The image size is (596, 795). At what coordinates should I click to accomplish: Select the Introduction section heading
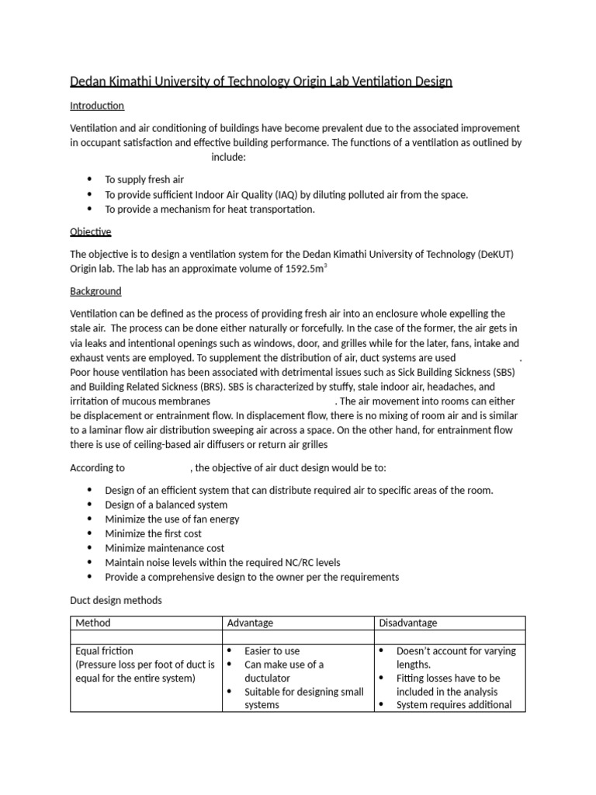97,106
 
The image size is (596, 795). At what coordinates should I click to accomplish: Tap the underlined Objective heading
91,232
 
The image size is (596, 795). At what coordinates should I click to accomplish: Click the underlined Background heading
95,291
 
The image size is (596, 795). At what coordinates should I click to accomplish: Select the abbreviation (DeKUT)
494,254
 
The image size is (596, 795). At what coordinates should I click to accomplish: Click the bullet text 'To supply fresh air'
144,180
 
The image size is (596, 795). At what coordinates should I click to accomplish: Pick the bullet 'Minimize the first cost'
154,533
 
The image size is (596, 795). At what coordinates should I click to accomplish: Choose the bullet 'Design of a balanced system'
166,505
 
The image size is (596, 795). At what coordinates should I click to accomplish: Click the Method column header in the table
93,623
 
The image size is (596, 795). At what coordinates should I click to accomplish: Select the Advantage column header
250,623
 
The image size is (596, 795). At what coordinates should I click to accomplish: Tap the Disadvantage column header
407,623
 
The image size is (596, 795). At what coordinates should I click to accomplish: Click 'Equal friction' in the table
105,651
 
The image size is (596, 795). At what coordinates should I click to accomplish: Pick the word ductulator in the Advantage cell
268,678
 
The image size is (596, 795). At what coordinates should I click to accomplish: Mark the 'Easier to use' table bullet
272,651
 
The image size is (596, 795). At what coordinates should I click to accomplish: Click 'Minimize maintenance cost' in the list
165,548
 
